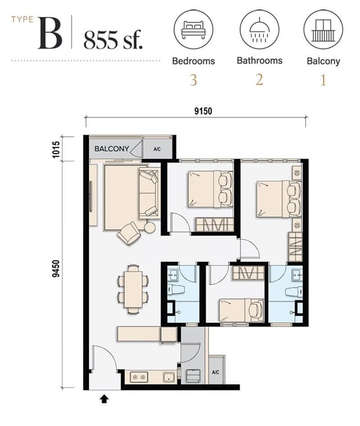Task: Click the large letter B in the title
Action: click(x=50, y=33)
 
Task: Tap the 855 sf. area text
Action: click(x=113, y=40)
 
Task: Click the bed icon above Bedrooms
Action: click(x=193, y=29)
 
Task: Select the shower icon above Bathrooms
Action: click(x=259, y=30)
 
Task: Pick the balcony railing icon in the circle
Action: click(x=323, y=30)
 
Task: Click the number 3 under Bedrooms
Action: click(x=193, y=80)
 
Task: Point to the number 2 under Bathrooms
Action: click(x=259, y=80)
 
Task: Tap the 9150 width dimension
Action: click(x=203, y=111)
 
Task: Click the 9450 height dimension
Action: click(x=56, y=269)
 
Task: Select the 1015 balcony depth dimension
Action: click(x=56, y=149)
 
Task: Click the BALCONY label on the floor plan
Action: click(x=111, y=148)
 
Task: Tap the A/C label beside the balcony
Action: click(x=157, y=149)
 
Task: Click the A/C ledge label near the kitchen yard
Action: click(x=215, y=372)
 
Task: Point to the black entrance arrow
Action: click(x=104, y=399)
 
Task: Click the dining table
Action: click(x=133, y=289)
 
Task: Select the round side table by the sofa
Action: click(x=150, y=228)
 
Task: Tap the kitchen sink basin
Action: click(x=169, y=377)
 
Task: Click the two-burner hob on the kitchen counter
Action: click(x=139, y=377)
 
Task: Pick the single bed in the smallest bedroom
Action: click(x=241, y=311)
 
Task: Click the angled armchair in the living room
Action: click(x=129, y=233)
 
